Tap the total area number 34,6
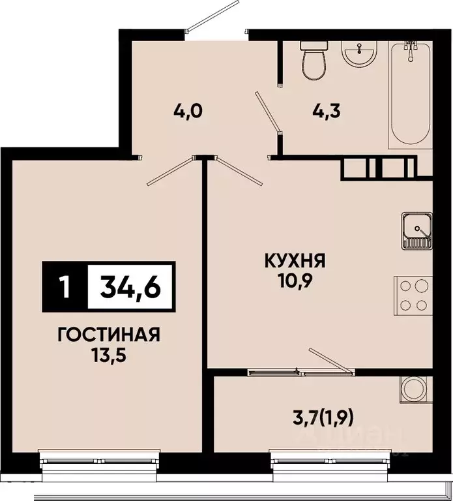click(x=130, y=286)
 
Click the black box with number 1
click(x=63, y=286)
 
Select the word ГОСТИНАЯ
click(x=109, y=335)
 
